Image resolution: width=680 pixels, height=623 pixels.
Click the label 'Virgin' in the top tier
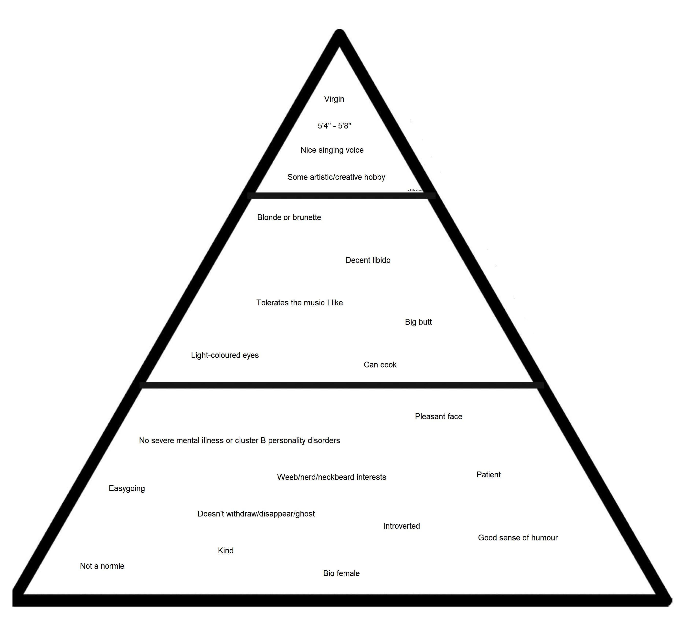pos(334,99)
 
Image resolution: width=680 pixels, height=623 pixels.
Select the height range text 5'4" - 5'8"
pos(334,126)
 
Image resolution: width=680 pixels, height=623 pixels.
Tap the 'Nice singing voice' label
pos(332,150)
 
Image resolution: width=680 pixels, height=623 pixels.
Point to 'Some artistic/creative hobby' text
pos(336,177)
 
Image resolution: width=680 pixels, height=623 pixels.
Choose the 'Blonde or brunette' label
pos(289,217)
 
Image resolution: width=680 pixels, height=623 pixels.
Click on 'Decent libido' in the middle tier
pos(368,260)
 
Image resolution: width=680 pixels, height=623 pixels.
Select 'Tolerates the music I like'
pos(299,302)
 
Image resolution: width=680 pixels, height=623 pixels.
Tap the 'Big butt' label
pos(418,322)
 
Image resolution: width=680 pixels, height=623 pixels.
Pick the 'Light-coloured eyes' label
pos(225,355)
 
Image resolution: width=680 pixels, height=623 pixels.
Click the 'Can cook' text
pos(380,365)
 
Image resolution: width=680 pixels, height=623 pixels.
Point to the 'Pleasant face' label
pos(438,417)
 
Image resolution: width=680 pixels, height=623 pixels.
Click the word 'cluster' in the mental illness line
pos(246,440)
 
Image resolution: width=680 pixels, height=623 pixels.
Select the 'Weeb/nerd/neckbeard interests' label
pos(331,477)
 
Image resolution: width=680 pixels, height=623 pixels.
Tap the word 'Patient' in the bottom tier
pos(489,475)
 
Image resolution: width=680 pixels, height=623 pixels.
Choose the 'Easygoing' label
pos(127,488)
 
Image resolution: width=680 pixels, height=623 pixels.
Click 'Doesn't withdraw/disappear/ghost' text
pos(256,514)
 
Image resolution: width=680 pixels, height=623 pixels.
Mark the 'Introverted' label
pos(401,526)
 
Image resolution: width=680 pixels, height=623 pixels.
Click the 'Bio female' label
pos(341,573)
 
